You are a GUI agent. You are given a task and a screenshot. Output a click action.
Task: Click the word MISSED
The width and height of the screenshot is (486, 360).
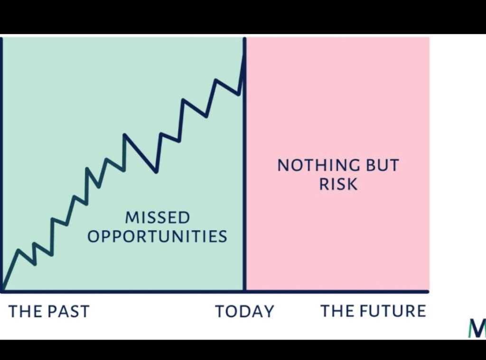point(158,217)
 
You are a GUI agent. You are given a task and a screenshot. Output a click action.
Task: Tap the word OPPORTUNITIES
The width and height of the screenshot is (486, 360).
point(158,236)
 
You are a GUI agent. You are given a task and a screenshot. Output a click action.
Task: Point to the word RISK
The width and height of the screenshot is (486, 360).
point(338,184)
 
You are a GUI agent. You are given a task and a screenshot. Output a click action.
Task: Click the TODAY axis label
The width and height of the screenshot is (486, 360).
point(245,311)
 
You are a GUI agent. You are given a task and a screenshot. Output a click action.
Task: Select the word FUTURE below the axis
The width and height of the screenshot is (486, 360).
point(395,311)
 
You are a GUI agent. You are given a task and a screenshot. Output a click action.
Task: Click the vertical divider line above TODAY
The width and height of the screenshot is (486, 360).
point(244,165)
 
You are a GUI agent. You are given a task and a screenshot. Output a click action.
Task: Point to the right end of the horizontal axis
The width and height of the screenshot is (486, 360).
point(428,292)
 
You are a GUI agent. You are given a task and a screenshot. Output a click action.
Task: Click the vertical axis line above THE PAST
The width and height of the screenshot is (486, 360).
point(1,165)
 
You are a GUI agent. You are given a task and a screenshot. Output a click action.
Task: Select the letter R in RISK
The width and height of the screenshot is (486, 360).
point(324,184)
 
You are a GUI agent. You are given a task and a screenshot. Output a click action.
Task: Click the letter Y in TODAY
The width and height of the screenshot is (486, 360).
point(269,311)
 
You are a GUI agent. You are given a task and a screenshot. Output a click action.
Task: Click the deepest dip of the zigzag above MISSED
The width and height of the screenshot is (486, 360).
point(156,171)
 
